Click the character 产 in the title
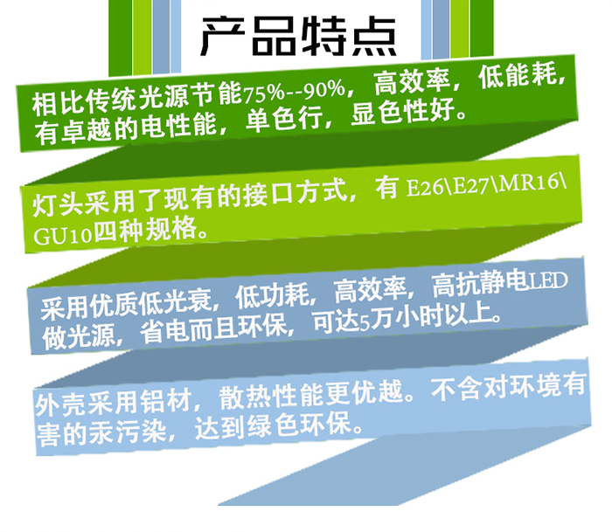pos(222,36)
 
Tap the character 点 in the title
pos(375,36)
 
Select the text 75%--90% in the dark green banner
pos(295,91)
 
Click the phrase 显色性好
pos(404,112)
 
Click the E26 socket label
pos(426,188)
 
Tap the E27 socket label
pos(471,185)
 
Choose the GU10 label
pos(62,236)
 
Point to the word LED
pos(548,280)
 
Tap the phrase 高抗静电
pos(480,284)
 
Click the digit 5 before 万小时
pos(365,323)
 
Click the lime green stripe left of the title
pos(142,37)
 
